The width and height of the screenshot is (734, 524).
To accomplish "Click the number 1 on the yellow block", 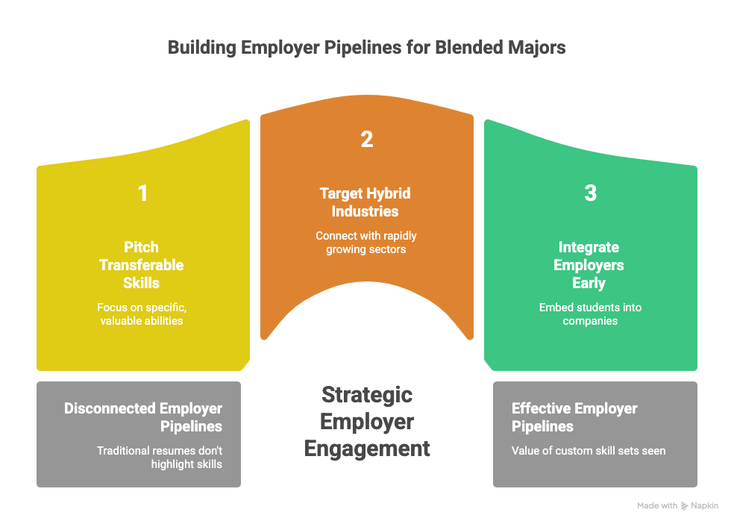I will [142, 193].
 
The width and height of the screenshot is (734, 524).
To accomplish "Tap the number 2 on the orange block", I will [366, 140].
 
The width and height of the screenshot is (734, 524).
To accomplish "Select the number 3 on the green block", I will [590, 193].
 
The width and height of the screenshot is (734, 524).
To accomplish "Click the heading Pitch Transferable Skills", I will [142, 265].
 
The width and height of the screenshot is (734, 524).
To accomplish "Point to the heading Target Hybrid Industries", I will [366, 202].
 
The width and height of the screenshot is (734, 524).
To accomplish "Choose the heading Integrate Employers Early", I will [590, 265].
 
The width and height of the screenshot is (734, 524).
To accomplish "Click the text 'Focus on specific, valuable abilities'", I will [142, 314].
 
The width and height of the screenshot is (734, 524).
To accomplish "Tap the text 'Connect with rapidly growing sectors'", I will [366, 242].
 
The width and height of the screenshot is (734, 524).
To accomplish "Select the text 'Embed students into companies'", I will [590, 314].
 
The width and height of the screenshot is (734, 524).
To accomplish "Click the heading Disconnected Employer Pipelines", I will [143, 417].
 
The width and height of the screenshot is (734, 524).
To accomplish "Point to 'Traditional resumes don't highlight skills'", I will [160, 457].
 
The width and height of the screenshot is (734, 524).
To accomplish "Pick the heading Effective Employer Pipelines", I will [574, 417].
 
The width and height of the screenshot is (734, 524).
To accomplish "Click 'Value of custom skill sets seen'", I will [589, 450].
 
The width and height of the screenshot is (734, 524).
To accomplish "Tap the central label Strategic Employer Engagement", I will [366, 421].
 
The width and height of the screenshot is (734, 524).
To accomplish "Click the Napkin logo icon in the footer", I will [685, 506].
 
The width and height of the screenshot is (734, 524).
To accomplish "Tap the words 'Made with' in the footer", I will [657, 506].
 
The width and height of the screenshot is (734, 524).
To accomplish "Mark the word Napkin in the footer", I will [705, 506].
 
